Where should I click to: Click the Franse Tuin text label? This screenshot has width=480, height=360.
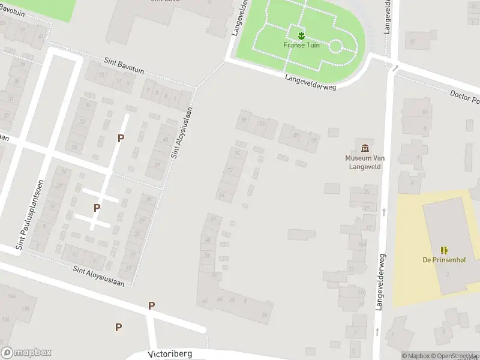pos(301,45)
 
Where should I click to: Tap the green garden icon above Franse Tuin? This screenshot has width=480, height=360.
pos(301,34)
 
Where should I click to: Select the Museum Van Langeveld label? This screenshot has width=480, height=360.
pos(364,162)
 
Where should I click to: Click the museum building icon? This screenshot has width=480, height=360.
pos(364,148)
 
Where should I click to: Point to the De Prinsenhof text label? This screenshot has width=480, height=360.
pos(443,260)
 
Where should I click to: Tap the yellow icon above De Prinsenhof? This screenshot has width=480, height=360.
pos(444,250)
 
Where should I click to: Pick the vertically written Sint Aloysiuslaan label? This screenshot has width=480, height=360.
pos(182,133)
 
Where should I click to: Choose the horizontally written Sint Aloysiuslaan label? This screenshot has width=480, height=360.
pos(98,276)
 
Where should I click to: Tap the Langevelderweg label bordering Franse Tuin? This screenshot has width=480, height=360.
pos(311,82)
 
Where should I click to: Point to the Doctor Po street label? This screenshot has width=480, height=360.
pos(466,97)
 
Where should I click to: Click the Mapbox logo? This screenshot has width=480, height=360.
pos(26,353)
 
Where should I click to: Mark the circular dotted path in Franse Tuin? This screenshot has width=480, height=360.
pos(336,46)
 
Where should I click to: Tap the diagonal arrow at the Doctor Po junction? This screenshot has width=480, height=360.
pos(394,68)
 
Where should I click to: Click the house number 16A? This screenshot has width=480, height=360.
pos(362,244)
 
